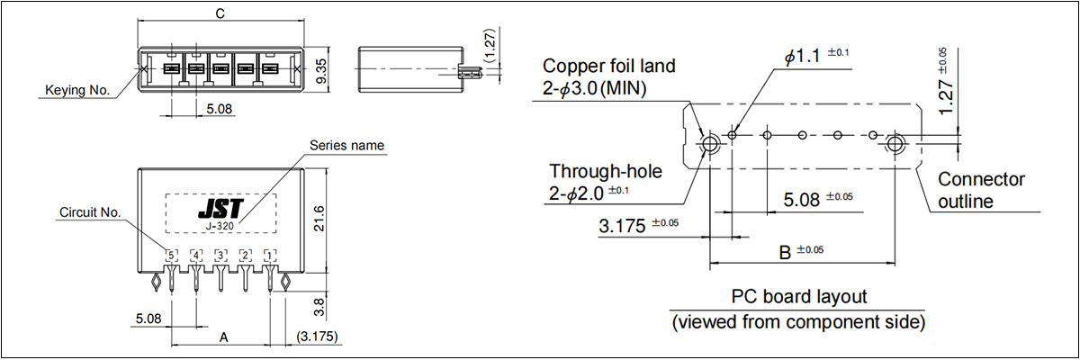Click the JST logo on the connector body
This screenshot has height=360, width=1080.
point(220,209)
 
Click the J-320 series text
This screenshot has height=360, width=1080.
point(220,226)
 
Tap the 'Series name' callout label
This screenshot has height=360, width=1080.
point(346,145)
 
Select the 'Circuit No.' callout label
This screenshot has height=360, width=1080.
point(90,212)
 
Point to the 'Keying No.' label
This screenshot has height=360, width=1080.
point(77,90)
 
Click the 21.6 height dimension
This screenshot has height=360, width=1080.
point(319,219)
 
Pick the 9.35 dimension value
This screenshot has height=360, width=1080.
point(321,71)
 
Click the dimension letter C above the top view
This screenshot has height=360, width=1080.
point(220,13)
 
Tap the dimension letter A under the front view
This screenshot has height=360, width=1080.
point(223,337)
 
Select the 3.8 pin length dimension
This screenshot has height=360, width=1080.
point(319,307)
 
